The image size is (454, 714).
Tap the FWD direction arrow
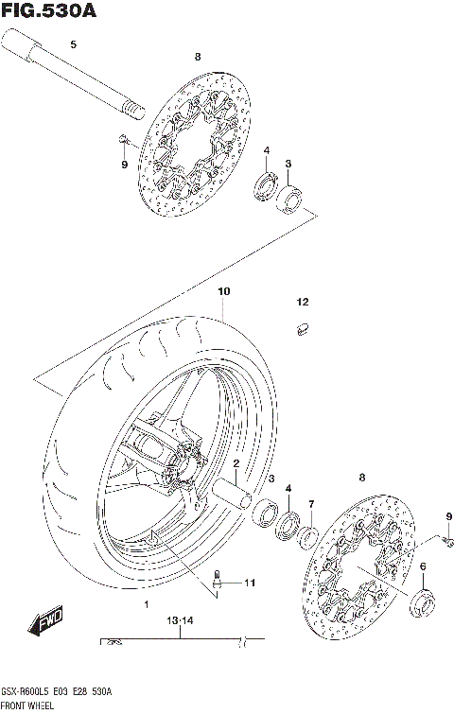click(46, 622)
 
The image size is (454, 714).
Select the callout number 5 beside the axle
click(74, 44)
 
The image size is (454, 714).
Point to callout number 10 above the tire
click(223, 292)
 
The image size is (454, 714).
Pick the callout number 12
click(302, 303)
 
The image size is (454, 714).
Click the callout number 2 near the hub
click(236, 464)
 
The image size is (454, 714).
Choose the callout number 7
click(310, 504)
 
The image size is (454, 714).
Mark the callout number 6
click(423, 566)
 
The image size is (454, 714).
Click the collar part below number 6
click(424, 598)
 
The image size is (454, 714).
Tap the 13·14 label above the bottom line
click(179, 621)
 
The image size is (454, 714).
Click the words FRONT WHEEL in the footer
click(27, 705)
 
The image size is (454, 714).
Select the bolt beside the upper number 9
click(124, 140)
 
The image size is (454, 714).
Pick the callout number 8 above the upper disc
click(197, 58)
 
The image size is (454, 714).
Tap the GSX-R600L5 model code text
click(26, 691)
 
